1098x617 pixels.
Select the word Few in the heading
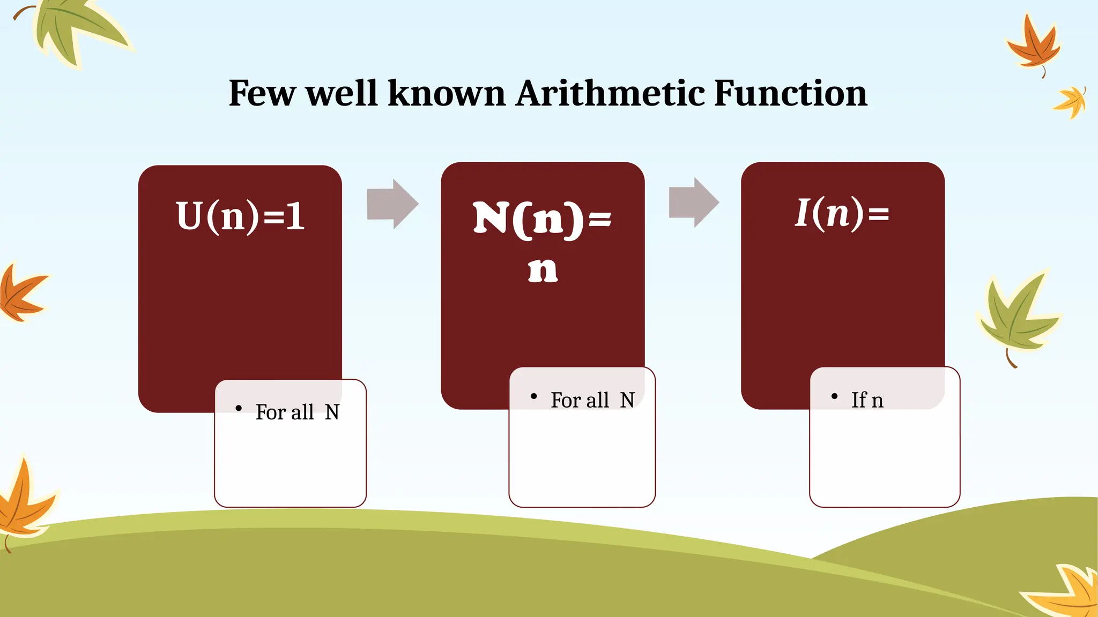point(262,93)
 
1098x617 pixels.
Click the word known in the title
point(447,93)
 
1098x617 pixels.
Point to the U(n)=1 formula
point(241,216)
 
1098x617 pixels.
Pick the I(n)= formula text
point(842,213)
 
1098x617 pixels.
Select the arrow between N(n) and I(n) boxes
point(694,202)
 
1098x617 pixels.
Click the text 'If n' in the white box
point(867,400)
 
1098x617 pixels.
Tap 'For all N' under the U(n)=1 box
point(298,412)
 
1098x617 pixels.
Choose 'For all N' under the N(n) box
point(592,400)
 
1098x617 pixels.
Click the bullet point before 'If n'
point(834,396)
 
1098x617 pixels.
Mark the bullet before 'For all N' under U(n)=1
point(239,409)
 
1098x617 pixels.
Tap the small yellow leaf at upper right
point(1071,102)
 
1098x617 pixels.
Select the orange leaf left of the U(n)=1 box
point(20,294)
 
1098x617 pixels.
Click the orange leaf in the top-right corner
point(1034,46)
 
